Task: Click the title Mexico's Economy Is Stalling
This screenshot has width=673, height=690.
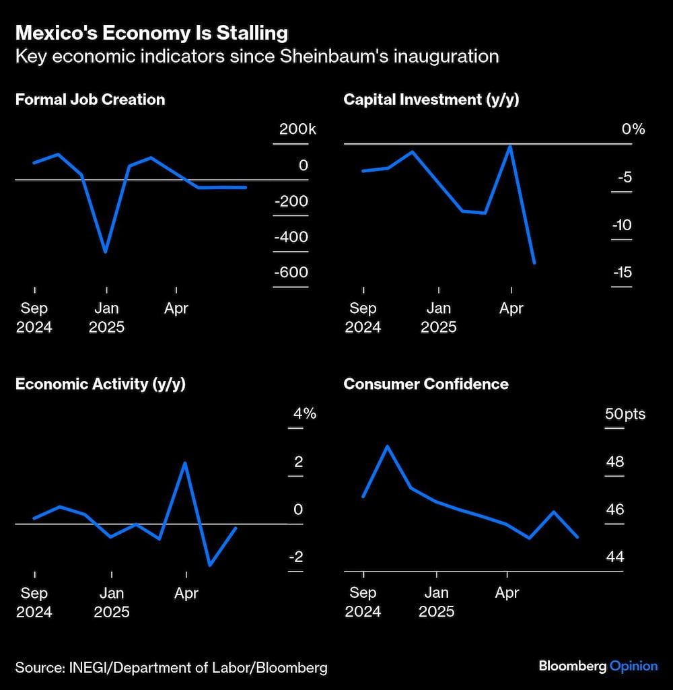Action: [x=151, y=32]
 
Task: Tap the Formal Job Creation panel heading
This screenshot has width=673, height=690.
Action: [x=90, y=100]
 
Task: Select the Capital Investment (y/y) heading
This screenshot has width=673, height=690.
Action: [x=431, y=100]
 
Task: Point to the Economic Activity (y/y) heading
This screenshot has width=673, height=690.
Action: [x=100, y=384]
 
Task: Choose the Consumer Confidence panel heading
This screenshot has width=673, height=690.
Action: [x=425, y=384]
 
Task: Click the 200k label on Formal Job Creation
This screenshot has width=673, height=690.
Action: [x=297, y=129]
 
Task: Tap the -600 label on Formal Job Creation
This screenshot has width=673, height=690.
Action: [x=291, y=272]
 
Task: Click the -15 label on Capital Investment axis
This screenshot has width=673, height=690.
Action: [x=622, y=272]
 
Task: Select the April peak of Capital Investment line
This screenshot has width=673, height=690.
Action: [x=510, y=146]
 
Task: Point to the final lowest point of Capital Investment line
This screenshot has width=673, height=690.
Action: [x=534, y=263]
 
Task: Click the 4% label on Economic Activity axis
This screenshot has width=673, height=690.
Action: [x=304, y=413]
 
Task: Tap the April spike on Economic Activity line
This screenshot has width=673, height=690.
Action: [x=185, y=462]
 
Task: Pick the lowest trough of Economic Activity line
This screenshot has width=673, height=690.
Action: [x=210, y=565]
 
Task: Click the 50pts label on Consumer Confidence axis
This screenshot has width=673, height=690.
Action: [x=625, y=413]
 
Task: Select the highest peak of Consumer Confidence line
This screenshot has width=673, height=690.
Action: [x=388, y=446]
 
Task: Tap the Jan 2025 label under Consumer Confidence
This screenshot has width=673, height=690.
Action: [x=436, y=602]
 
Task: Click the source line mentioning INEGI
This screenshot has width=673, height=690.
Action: [x=171, y=667]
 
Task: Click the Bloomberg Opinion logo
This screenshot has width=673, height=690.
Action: [x=598, y=666]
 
